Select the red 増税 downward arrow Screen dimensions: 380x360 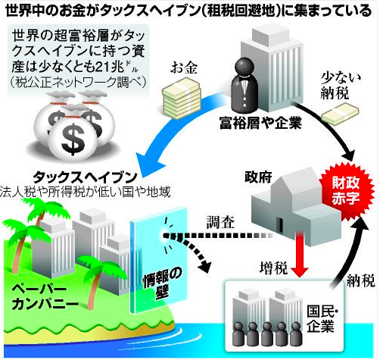pyautogui.click(x=300, y=255)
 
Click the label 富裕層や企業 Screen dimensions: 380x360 pyautogui.click(x=260, y=123)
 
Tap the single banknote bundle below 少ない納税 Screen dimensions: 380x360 pyautogui.click(x=340, y=114)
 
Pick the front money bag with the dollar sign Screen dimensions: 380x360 pyautogui.click(x=73, y=139)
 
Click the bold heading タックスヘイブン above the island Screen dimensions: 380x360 pyautogui.click(x=86, y=177)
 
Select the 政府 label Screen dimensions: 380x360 pyautogui.click(x=258, y=177)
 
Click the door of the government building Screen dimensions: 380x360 pyautogui.click(x=280, y=227)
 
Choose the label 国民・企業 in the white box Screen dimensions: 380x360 pyautogui.click(x=321, y=319)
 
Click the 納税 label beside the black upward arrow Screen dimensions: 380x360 pyautogui.click(x=360, y=280)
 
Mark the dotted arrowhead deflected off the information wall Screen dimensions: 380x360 pyautogui.click(x=204, y=266)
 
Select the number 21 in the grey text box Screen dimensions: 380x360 pyautogui.click(x=101, y=67)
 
